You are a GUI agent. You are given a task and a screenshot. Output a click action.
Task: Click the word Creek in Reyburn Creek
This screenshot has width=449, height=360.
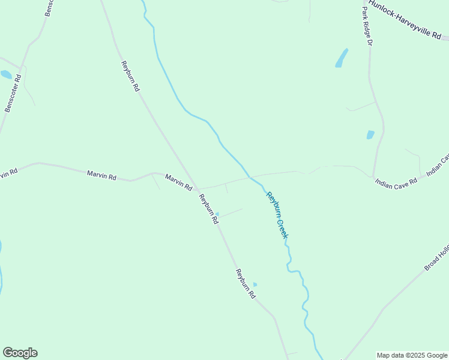click(283, 229)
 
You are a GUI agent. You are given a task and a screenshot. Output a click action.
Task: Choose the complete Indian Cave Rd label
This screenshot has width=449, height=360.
click(396, 181)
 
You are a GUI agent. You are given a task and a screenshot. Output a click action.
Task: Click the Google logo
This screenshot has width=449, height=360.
click(20, 353)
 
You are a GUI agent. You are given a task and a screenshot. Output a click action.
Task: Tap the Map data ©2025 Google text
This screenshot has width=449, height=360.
click(412, 355)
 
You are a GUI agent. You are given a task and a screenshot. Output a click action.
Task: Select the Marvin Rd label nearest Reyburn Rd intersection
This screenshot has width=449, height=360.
click(178, 182)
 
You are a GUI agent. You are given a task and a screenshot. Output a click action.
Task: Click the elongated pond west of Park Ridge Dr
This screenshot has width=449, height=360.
click(341, 58)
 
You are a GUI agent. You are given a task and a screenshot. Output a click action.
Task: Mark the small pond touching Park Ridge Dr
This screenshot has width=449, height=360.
click(370, 135)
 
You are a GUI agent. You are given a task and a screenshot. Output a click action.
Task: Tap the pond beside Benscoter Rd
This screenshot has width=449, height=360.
click(6, 75)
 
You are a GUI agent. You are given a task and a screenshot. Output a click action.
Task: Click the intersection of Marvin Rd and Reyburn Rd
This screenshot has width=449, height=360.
click(196, 189)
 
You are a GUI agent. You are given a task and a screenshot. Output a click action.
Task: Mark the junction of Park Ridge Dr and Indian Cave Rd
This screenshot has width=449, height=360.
click(373, 176)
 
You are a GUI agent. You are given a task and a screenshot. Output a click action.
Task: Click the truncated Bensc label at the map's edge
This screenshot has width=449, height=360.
click(47, 8)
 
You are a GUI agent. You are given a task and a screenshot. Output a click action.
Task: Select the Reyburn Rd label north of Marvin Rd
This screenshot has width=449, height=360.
click(130, 76)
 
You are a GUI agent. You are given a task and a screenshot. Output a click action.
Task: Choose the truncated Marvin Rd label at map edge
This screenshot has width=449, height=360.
click(8, 173)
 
